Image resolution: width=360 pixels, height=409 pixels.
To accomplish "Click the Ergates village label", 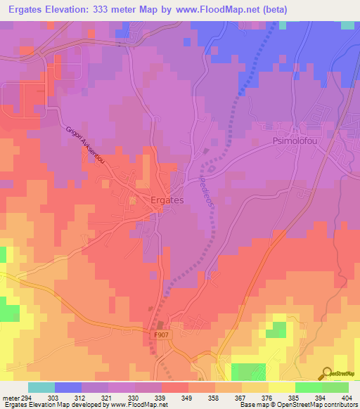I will tap(167, 200).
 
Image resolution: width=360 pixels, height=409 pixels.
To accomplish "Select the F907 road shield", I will tap(162, 335).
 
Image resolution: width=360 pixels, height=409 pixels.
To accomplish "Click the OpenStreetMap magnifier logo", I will tap(328, 372).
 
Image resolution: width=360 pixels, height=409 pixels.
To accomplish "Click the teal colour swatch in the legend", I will tap(41, 387).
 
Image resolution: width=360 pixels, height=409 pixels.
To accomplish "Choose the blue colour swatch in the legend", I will tap(68, 387).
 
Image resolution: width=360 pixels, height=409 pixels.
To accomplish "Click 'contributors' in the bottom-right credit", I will tap(340, 405).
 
